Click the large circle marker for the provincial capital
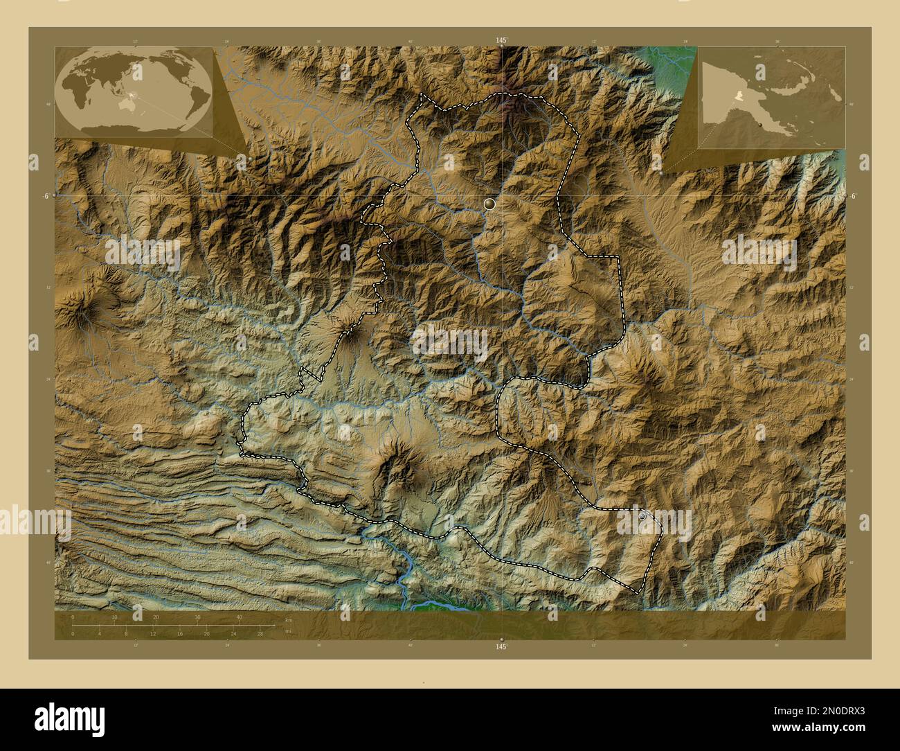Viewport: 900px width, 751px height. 489,204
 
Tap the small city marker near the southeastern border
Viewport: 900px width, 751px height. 642,515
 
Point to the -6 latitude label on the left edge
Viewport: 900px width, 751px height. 44,196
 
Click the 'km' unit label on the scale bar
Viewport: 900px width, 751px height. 289,619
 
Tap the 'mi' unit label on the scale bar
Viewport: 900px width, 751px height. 287,631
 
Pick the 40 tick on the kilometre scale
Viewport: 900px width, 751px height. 240,617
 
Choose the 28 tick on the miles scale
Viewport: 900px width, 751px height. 260,633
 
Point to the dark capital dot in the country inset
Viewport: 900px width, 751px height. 760,124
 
